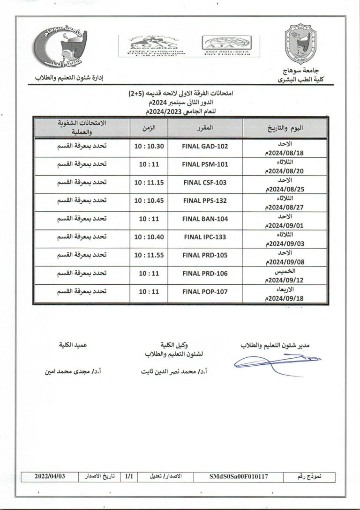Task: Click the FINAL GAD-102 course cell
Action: pyautogui.click(x=204, y=146)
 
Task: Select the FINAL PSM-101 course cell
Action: pyautogui.click(x=204, y=164)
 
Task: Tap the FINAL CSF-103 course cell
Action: pyautogui.click(x=204, y=183)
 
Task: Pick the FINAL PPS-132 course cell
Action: pyautogui.click(x=204, y=200)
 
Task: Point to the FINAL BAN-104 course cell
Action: pyautogui.click(x=204, y=219)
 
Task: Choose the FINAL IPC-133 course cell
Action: pyautogui.click(x=204, y=237)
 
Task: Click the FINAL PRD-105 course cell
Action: pyautogui.click(x=204, y=255)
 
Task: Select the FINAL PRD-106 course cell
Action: pyautogui.click(x=204, y=273)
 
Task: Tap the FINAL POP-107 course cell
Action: pyautogui.click(x=204, y=292)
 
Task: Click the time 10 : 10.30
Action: pyautogui.click(x=149, y=146)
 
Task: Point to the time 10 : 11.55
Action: pyautogui.click(x=149, y=255)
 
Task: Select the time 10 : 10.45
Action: pyautogui.click(x=149, y=200)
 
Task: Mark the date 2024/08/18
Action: pyautogui.click(x=288, y=152)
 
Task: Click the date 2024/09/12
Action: pyautogui.click(x=288, y=280)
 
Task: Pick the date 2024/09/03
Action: pyautogui.click(x=288, y=244)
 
